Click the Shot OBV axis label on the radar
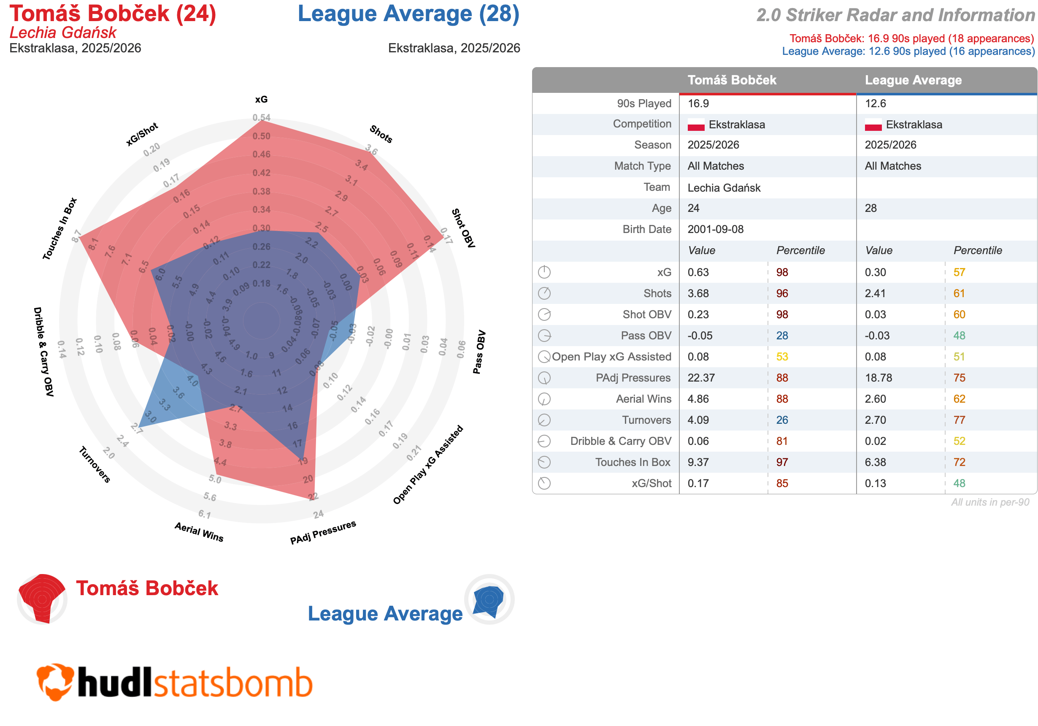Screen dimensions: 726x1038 [x=463, y=228]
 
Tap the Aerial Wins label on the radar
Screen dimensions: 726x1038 [x=199, y=532]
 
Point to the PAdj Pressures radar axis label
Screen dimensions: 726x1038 [x=323, y=532]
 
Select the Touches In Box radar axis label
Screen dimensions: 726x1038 [x=59, y=229]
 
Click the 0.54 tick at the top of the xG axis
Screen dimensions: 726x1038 [x=261, y=118]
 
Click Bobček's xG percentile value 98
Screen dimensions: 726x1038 [x=782, y=272]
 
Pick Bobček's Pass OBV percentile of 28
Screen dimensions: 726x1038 [x=782, y=336]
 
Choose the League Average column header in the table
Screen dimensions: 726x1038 [x=913, y=80]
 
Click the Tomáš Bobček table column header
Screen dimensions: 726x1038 [x=732, y=80]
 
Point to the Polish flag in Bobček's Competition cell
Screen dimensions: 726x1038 [x=696, y=125]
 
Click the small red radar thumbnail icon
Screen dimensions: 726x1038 [x=42, y=599]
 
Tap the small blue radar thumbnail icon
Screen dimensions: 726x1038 [x=489, y=600]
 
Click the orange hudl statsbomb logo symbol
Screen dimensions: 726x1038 [x=55, y=682]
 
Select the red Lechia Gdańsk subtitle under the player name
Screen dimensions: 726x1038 [x=63, y=33]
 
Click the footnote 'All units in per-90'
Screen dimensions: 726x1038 [x=990, y=502]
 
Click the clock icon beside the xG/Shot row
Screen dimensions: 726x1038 [x=544, y=484]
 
